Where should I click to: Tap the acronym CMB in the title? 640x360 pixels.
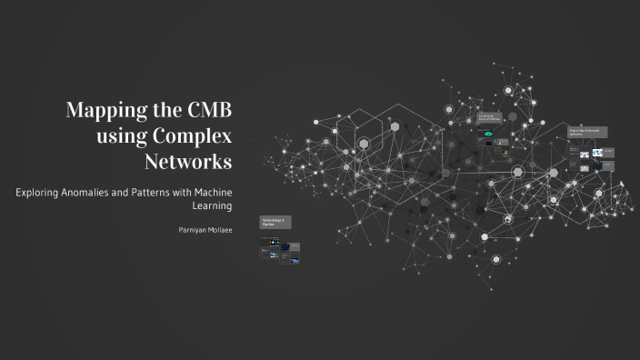pos(208,113)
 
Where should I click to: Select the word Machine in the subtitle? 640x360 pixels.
pos(210,192)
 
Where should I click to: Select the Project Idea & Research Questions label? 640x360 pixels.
pos(587,132)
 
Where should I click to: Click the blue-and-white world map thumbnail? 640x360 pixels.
pos(598,154)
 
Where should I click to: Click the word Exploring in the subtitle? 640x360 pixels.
pos(38,192)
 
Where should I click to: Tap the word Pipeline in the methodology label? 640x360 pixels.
pos(268,225)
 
